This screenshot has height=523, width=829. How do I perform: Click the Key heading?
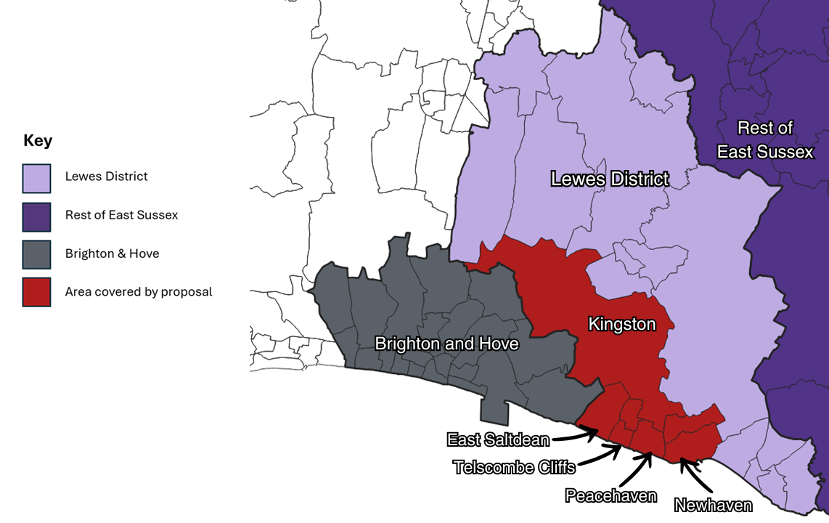click(x=38, y=141)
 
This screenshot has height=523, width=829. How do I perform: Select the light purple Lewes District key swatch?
click(x=36, y=178)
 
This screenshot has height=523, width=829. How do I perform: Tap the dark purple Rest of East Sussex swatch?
click(x=36, y=216)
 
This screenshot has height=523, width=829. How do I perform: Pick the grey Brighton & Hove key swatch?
click(x=36, y=254)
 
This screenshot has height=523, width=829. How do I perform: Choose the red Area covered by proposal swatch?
click(x=36, y=292)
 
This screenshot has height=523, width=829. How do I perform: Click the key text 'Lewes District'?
click(x=106, y=177)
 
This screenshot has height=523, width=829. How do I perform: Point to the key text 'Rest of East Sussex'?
click(x=121, y=215)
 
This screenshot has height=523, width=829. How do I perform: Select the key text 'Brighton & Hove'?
click(x=112, y=254)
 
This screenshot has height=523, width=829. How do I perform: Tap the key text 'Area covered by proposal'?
click(x=139, y=292)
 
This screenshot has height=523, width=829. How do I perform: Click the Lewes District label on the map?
click(x=610, y=179)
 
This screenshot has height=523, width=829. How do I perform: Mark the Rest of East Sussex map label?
click(x=765, y=140)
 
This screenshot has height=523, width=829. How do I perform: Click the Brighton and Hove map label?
click(x=446, y=344)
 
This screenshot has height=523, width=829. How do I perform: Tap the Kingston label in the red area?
click(x=622, y=324)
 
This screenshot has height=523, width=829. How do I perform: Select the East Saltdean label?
click(x=497, y=439)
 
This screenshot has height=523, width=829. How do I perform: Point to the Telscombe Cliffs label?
click(x=514, y=466)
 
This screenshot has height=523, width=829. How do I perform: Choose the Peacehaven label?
click(x=610, y=496)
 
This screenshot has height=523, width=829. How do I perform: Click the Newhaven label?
click(x=713, y=505)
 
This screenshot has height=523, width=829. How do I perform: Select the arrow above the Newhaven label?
click(x=693, y=475)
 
